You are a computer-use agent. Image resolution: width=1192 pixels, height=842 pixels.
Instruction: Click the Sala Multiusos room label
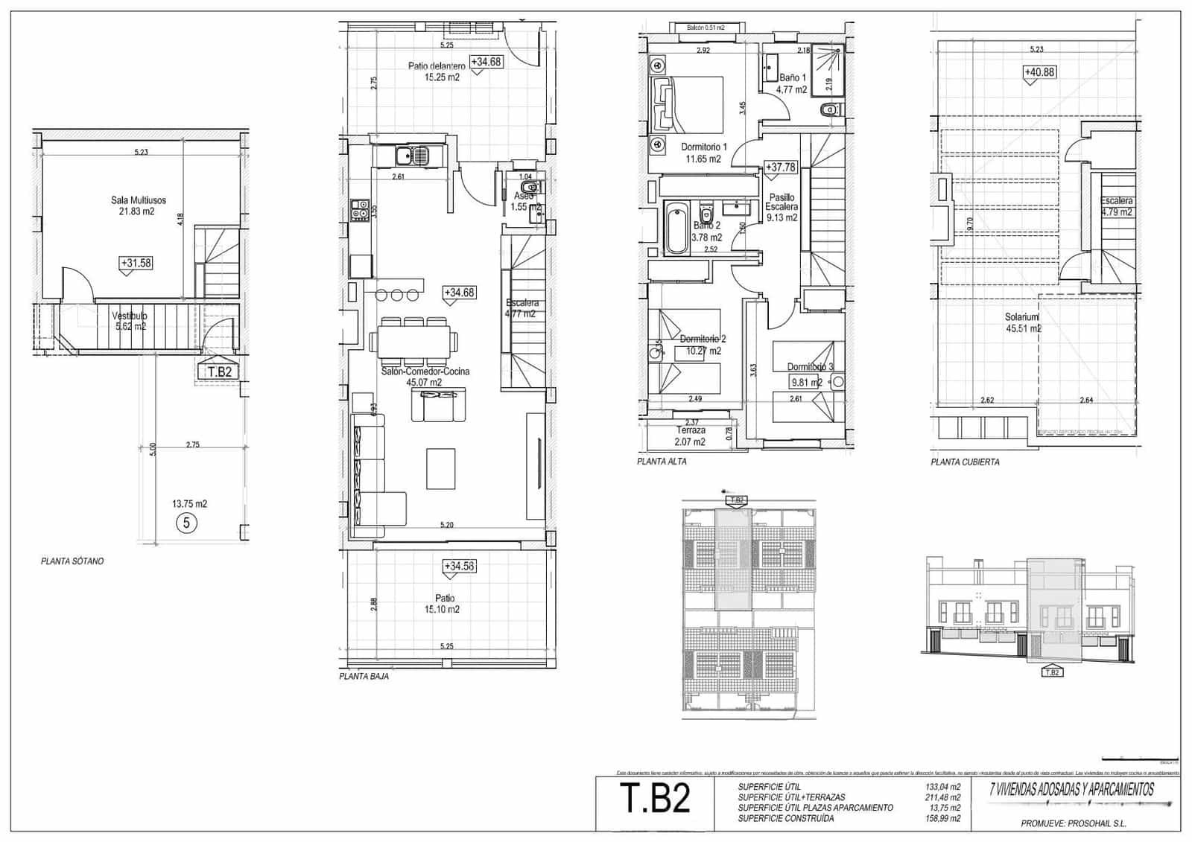click(x=139, y=205)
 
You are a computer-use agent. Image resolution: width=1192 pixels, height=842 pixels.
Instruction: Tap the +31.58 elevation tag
click(x=136, y=263)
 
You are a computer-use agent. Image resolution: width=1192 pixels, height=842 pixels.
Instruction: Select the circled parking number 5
click(x=186, y=523)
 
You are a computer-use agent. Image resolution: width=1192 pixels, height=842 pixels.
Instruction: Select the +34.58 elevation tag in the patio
click(x=459, y=566)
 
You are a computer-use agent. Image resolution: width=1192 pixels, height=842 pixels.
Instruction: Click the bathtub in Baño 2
click(x=676, y=227)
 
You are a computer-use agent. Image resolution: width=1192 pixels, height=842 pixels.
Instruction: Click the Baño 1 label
click(x=792, y=83)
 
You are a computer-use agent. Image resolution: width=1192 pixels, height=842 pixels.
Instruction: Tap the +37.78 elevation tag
click(x=780, y=168)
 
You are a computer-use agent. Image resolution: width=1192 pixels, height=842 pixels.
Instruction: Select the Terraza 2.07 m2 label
click(x=691, y=436)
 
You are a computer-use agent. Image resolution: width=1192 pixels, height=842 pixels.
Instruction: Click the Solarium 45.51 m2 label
click(x=1023, y=322)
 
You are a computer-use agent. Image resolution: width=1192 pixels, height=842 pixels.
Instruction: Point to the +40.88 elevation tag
click(x=1039, y=72)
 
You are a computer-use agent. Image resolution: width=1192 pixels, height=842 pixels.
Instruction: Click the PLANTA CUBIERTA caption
click(x=965, y=462)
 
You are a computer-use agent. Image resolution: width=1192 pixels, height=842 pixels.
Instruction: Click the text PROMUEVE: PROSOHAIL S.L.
click(x=1073, y=823)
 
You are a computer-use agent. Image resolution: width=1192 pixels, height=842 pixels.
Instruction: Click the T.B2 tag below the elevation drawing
click(x=1051, y=672)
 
